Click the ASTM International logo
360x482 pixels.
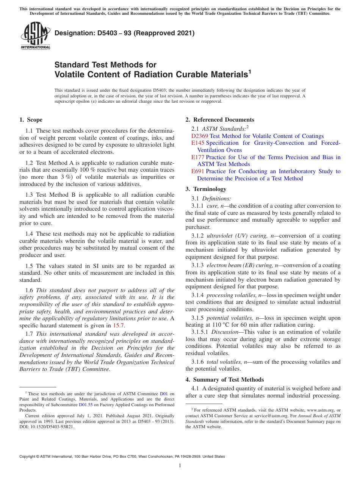tap(35, 36)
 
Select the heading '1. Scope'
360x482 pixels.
tap(31, 120)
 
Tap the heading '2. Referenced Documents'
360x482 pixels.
tap(220, 120)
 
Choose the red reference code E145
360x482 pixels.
tap(198, 143)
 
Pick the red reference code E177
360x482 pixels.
tap(198, 157)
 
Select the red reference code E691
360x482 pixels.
tap(198, 171)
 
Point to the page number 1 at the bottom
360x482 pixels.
tap(180, 466)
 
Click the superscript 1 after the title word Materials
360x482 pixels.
tap(250, 72)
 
